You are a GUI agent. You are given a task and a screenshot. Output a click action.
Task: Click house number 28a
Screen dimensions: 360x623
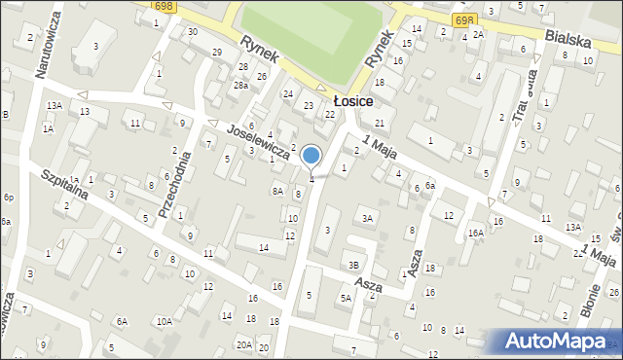pos(240,86)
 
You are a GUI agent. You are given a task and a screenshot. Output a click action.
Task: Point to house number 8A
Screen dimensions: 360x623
pos(277,191)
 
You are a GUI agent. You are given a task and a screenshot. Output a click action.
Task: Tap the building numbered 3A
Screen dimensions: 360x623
pos(367,218)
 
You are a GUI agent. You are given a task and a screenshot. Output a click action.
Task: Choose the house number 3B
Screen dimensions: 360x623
pos(354,265)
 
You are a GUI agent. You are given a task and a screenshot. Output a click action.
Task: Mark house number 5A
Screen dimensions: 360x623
pos(345,299)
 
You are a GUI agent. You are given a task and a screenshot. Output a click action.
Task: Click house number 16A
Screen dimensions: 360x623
pos(475,233)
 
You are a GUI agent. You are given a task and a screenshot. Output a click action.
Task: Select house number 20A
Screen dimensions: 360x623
pos(243,344)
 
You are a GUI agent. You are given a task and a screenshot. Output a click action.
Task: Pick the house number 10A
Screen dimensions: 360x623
pos(165,321)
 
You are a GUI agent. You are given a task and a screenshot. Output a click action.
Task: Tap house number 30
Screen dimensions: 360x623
pos(193,31)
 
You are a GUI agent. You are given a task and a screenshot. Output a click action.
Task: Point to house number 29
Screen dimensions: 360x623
pos(217,51)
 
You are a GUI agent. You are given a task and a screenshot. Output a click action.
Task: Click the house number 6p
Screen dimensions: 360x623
pos(8,198)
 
